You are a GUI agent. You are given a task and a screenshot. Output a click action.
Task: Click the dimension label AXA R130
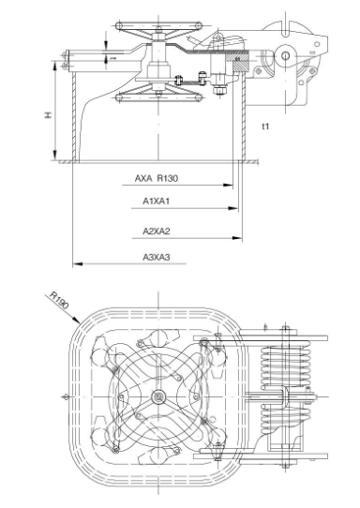pos(157,176)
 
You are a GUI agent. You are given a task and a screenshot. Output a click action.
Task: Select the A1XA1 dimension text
pos(156,202)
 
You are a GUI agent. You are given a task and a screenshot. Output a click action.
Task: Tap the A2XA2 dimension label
pos(156,230)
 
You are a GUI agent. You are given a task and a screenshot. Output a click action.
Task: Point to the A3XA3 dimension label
pos(156,257)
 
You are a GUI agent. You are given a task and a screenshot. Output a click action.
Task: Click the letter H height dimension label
pos(47,115)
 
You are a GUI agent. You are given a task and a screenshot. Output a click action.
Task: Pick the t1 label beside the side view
pos(266,126)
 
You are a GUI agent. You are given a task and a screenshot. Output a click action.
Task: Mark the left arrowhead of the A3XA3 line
pos(75,265)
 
